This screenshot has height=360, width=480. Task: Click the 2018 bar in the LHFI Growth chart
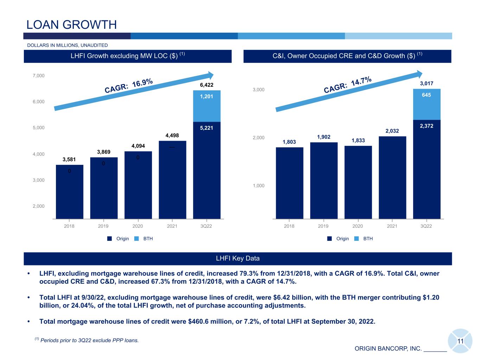[70, 192]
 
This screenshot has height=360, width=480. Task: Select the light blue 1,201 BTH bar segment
[207, 106]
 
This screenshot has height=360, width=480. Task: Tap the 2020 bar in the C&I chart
[358, 182]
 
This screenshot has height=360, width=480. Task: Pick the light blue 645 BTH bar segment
[427, 104]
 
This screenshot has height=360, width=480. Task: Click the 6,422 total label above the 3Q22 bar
[207, 85]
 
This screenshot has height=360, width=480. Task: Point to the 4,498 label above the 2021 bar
[172, 135]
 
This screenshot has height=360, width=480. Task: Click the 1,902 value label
[324, 137]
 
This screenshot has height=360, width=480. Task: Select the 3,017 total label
[427, 83]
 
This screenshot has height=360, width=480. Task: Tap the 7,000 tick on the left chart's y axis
[38, 76]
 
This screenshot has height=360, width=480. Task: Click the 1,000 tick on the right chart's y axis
[258, 186]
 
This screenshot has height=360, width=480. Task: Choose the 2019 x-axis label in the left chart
[103, 226]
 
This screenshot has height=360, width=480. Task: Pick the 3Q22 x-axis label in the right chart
[426, 226]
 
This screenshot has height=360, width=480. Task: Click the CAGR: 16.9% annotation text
[129, 85]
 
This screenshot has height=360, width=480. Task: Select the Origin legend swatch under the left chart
[110, 238]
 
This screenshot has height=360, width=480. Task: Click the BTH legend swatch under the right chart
[357, 238]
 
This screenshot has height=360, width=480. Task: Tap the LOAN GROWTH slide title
[71, 25]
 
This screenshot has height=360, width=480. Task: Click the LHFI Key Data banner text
[238, 258]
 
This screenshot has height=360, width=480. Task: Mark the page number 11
[460, 341]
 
